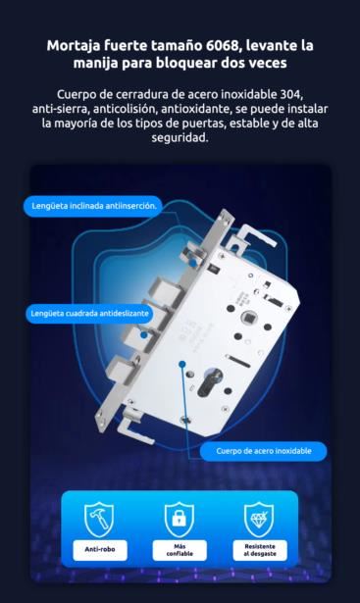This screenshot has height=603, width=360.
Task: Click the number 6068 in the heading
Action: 222,45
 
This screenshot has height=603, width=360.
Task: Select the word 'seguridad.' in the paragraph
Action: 180,137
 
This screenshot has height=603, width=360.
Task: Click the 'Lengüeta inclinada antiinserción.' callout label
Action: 94,206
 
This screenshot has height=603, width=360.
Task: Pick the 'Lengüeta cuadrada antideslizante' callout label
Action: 89,314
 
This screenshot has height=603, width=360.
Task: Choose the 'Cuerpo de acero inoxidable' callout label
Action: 264,451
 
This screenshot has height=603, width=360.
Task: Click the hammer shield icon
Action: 99,519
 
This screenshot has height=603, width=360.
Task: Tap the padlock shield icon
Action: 180,519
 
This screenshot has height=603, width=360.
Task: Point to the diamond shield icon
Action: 259,519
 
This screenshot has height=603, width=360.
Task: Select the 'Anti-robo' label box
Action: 100,549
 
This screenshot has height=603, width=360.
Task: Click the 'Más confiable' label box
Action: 180,550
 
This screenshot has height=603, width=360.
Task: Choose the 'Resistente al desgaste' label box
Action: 260,550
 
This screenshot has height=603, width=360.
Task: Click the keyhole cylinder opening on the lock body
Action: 209,381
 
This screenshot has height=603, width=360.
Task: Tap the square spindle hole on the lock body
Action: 246,318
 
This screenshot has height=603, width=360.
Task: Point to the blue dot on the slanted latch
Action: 192,263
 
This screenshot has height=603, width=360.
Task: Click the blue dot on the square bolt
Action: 144,335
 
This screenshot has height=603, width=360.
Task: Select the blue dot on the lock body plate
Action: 182,364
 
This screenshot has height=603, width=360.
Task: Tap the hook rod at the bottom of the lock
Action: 136,427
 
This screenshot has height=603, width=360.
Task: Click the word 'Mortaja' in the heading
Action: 73,46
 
